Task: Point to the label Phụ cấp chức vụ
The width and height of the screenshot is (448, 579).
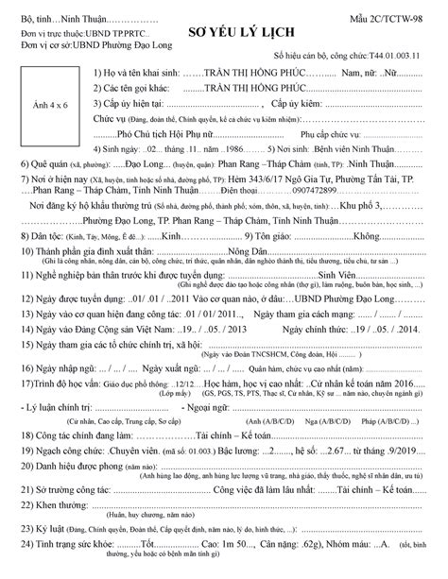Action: (302, 135)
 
